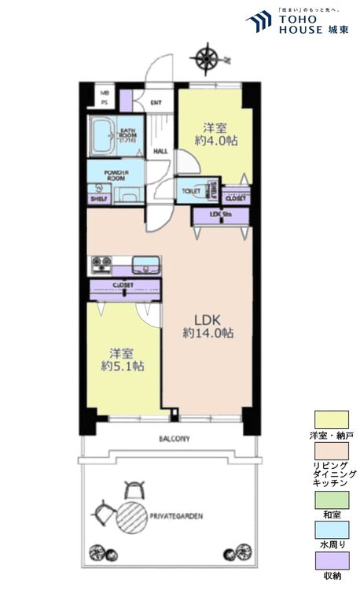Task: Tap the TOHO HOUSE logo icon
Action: point(259,21)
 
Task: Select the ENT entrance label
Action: point(156,101)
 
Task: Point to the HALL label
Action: point(160,151)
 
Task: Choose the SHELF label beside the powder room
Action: point(99,200)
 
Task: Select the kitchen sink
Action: point(145,263)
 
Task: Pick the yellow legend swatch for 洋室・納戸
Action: point(330,419)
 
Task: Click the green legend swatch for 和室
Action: point(330,499)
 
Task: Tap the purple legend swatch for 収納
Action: point(330,559)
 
